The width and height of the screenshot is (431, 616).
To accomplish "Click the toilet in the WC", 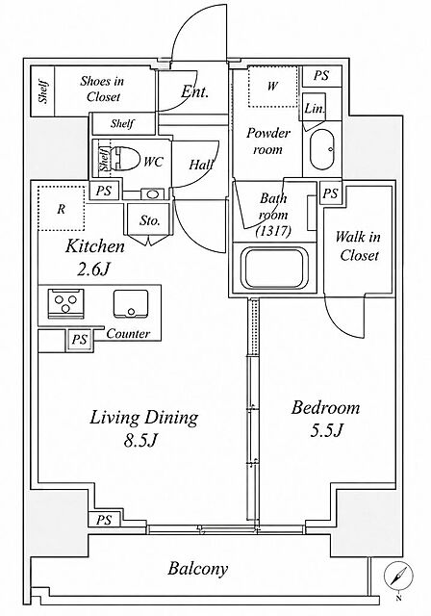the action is [126, 160].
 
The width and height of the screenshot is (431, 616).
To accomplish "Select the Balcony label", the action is [198, 569].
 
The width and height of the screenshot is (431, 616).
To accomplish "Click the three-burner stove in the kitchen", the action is [66, 303].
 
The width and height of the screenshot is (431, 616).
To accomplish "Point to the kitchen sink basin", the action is [131, 304].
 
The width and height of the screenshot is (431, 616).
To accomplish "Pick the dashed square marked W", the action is [272, 87].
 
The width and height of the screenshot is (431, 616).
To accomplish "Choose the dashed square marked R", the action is [62, 208].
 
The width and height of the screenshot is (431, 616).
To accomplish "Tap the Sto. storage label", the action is [150, 220].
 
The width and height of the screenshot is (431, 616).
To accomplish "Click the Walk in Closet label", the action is [359, 246].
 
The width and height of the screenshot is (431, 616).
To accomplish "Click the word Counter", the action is [128, 334].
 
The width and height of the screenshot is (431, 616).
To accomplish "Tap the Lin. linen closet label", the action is [315, 109].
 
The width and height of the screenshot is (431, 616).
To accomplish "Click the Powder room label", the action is [268, 141].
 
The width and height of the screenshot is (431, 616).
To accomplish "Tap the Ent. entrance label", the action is [194, 92].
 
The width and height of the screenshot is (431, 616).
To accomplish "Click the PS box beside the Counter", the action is [80, 339].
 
